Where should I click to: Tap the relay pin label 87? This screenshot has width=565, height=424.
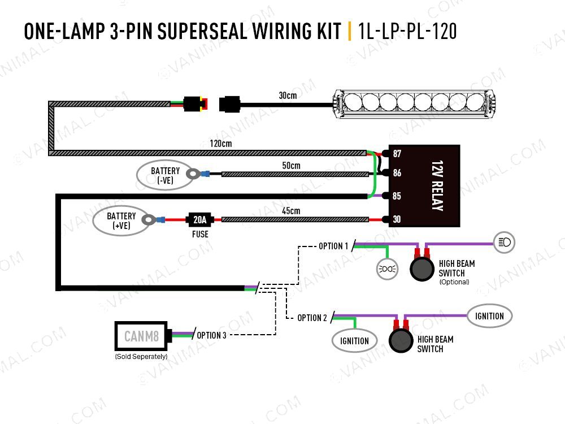point(397,154)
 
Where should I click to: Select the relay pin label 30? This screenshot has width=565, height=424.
point(397,219)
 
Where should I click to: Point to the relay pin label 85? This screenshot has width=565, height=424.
point(397,196)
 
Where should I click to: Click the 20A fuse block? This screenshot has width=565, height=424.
point(200,219)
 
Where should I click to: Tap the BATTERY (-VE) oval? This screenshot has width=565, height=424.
point(165,175)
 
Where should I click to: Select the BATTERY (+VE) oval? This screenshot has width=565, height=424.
point(121,220)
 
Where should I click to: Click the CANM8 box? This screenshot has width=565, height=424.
point(141,338)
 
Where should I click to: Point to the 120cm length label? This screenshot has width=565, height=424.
point(220,144)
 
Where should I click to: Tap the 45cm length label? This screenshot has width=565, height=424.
point(291,211)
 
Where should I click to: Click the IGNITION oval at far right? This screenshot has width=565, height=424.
point(489,316)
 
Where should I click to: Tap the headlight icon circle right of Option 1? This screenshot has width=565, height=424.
point(504,243)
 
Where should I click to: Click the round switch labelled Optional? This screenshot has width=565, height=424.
point(421,269)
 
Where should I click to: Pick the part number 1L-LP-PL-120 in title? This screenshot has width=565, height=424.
point(407,31)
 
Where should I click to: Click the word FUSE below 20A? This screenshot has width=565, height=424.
point(200,233)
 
